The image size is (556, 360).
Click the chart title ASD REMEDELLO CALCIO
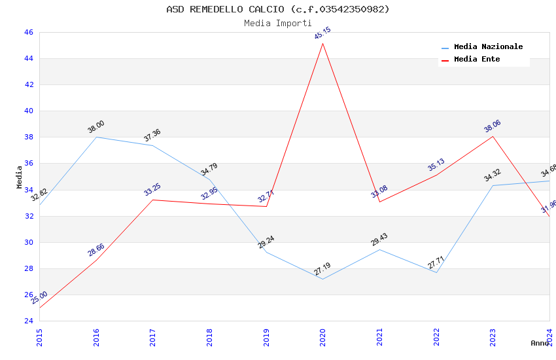(x=277, y=9)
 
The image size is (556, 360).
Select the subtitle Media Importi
(x=277, y=23)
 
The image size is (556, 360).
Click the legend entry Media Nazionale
(x=488, y=47)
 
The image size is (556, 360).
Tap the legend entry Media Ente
(x=477, y=60)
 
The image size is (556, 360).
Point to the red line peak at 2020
(x=322, y=43)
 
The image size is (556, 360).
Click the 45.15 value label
(x=322, y=33)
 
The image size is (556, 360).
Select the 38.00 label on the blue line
(x=96, y=127)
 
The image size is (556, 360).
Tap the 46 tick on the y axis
(x=29, y=32)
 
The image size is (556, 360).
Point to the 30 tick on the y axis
(x=29, y=242)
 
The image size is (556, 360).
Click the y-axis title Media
(x=20, y=177)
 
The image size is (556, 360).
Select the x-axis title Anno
(x=540, y=343)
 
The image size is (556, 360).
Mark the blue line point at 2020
(x=322, y=279)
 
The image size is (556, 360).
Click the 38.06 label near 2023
(x=492, y=126)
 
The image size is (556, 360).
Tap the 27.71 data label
(x=436, y=262)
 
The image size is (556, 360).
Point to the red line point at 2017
(x=152, y=200)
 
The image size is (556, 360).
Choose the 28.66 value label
(x=96, y=250)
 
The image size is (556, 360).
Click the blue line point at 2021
(x=379, y=249)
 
